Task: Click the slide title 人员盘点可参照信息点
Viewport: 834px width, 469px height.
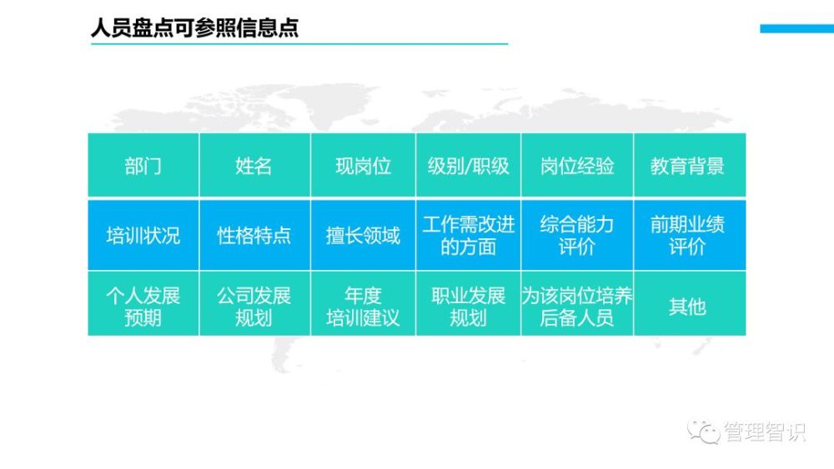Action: pos(194,27)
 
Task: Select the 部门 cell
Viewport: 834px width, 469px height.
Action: pos(143,165)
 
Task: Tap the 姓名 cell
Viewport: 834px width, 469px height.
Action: pos(254,165)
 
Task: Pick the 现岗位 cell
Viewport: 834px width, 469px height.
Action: pos(364,165)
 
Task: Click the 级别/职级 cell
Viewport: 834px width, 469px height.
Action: pos(469,165)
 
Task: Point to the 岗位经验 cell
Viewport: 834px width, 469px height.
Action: pos(577,165)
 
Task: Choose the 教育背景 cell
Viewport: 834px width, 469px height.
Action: pos(690,165)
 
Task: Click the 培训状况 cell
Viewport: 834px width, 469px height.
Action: pos(143,235)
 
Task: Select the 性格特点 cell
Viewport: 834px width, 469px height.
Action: pos(254,235)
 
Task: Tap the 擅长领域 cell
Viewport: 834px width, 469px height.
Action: pos(364,235)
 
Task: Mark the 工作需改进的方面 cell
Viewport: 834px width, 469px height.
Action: pos(469,235)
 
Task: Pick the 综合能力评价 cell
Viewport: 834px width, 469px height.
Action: pos(577,235)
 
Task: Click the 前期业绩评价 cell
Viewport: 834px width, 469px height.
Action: pos(690,235)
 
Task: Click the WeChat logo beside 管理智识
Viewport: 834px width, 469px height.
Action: pos(703,431)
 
